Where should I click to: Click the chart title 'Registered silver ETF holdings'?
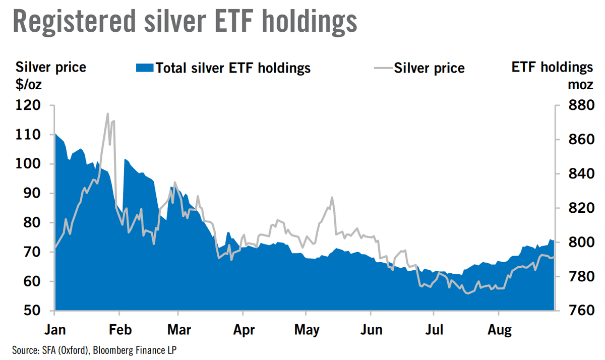185,22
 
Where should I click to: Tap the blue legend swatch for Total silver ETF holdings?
145,68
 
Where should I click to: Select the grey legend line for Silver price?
383,68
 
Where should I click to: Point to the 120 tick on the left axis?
28,105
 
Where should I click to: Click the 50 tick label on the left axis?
32,311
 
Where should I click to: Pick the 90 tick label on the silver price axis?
32,193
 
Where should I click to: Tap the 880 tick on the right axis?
581,105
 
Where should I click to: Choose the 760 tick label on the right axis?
581,311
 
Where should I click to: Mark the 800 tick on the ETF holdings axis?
581,242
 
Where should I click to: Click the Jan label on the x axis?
55,330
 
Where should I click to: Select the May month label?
307,330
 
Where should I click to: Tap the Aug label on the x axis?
500,330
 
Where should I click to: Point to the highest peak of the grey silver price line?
107,114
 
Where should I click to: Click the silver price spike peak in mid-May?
332,198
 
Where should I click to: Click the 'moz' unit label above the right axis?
580,85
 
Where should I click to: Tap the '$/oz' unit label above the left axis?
29,85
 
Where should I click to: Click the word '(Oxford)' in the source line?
74,350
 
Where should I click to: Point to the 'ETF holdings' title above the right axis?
552,67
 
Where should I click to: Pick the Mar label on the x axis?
179,330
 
